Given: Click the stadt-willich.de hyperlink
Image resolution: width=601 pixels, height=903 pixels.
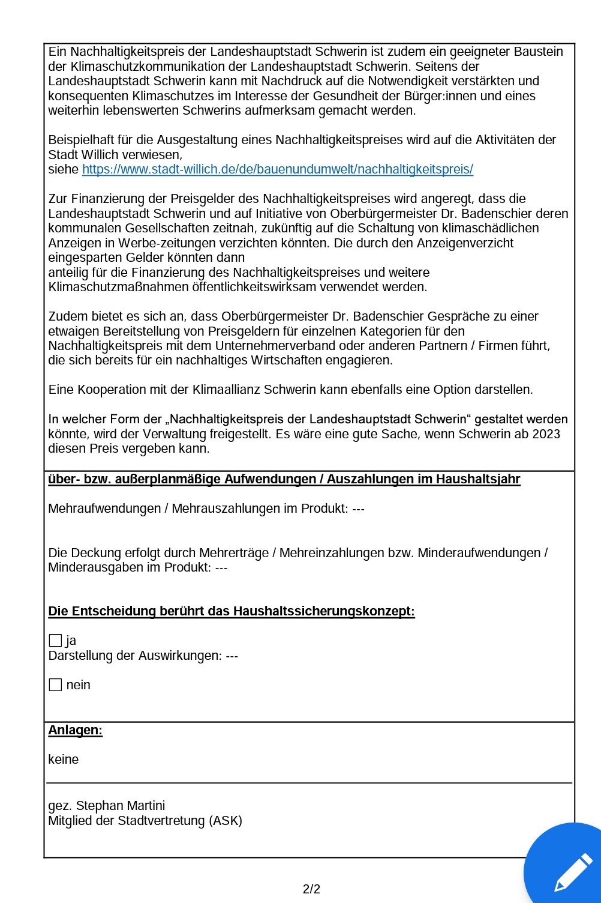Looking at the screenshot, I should [x=277, y=169].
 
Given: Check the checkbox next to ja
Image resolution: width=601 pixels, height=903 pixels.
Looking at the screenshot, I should [x=55, y=641].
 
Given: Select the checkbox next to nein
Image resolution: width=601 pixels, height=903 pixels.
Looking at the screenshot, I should [x=55, y=685].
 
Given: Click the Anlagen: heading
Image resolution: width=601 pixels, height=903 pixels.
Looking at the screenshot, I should [x=76, y=730].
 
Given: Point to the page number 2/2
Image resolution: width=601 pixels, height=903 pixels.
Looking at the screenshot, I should [x=311, y=889].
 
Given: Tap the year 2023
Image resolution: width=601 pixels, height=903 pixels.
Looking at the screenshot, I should [x=546, y=434].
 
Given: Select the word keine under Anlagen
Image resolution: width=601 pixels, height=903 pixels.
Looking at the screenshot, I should [x=64, y=760].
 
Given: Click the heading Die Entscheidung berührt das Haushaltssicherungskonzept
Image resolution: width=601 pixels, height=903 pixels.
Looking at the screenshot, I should [x=232, y=611].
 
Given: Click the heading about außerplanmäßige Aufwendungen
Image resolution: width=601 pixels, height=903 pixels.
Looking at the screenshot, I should [x=284, y=479].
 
